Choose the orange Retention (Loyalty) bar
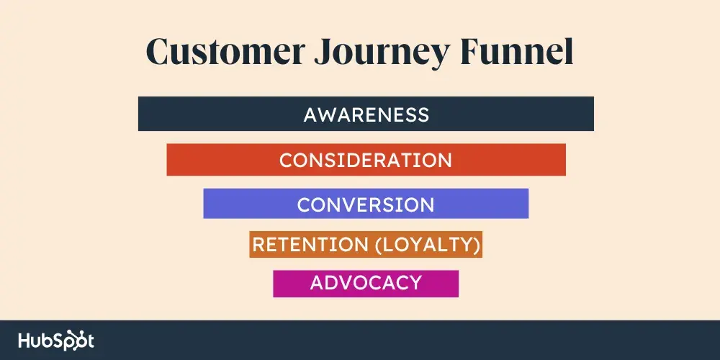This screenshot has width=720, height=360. [366, 245]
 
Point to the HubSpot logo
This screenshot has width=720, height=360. [56, 340]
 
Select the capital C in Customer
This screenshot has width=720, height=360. [161, 53]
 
